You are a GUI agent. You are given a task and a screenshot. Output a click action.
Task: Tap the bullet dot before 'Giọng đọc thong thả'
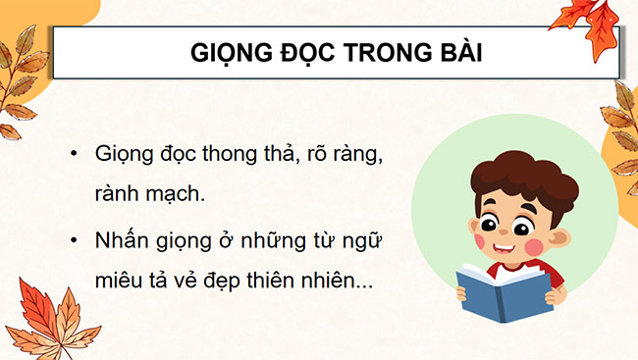(73, 156)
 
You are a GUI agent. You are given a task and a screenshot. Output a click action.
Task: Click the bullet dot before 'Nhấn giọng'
(73, 239)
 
